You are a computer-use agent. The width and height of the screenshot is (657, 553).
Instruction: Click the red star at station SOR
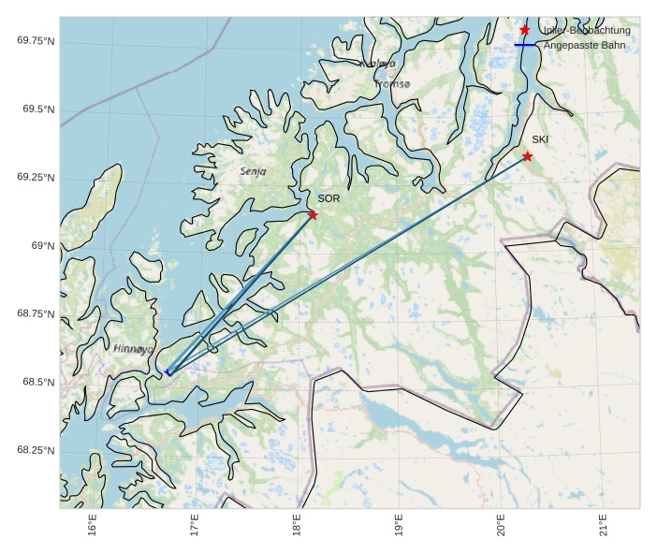click(313, 215)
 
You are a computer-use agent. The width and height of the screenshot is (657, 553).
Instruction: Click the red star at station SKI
click(528, 156)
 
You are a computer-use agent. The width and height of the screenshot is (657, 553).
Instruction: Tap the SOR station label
click(328, 198)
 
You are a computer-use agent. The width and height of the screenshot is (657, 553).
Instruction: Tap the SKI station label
click(540, 139)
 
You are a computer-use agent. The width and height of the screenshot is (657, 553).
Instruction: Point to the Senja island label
click(253, 171)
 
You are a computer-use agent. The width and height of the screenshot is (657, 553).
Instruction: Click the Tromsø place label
click(392, 84)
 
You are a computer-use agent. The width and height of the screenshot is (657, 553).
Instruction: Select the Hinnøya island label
click(133, 348)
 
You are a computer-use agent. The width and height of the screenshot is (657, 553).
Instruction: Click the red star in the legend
click(525, 30)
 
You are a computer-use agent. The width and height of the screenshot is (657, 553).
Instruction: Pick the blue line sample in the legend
click(525, 45)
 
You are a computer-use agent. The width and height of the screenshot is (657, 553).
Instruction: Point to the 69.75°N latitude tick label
click(36, 41)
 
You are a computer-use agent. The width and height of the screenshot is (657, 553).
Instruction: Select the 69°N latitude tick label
click(43, 246)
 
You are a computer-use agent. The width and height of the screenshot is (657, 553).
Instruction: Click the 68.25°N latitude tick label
click(36, 451)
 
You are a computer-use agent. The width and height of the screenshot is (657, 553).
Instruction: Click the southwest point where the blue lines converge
click(168, 373)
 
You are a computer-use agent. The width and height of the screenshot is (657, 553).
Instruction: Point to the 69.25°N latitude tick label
click(36, 178)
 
